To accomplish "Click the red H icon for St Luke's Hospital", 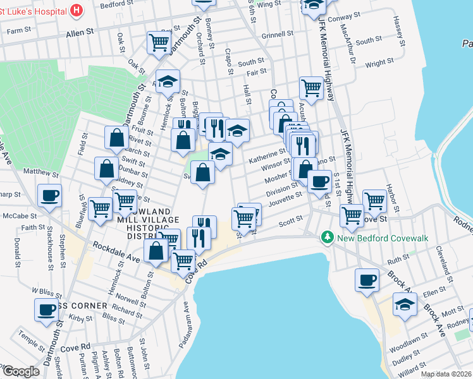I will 77,10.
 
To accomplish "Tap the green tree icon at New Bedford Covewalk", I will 327,238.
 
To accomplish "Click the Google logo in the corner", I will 21,371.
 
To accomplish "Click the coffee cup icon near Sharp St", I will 49,195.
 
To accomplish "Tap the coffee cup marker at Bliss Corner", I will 47,310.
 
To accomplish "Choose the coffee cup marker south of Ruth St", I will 367,280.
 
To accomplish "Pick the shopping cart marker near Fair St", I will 311,87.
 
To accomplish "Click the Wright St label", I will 379,62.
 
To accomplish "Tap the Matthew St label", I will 40,172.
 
